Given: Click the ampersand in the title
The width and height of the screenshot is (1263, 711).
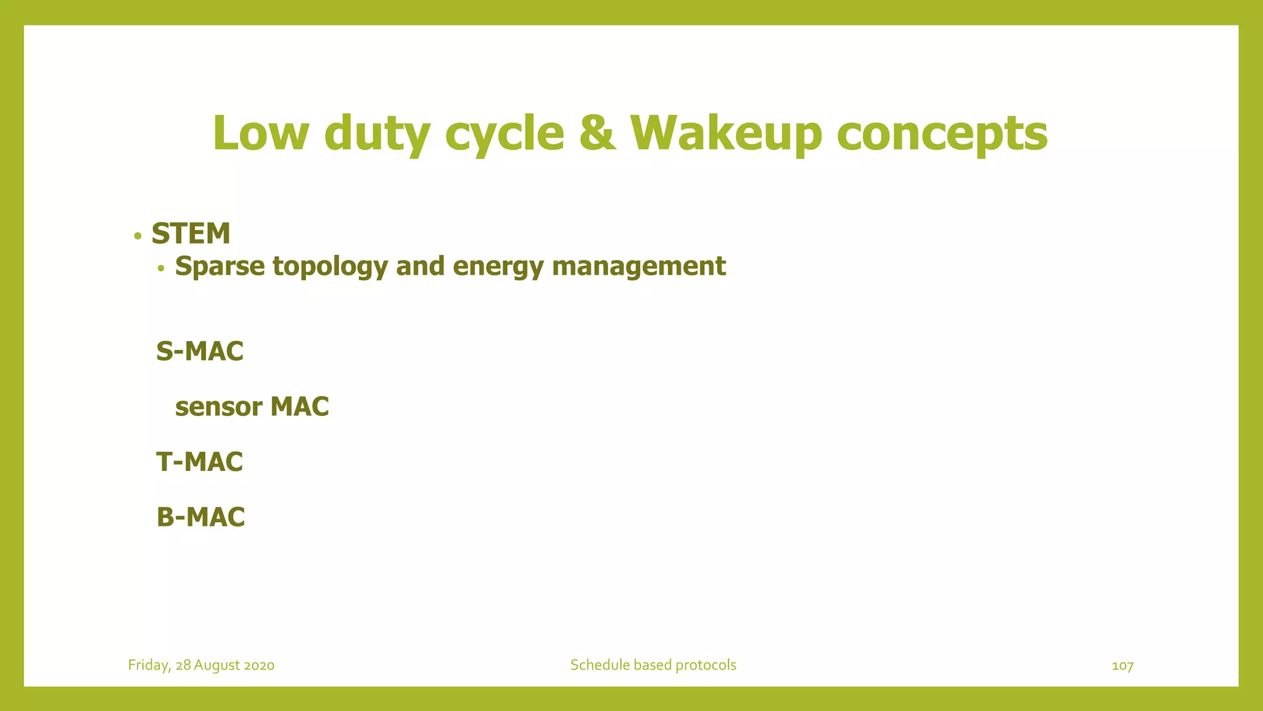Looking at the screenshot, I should (x=597, y=133).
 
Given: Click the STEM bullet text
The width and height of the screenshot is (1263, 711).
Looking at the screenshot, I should (x=191, y=234).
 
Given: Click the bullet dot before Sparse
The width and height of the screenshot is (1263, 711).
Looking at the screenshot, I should (x=161, y=268).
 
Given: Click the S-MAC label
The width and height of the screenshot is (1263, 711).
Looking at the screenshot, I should (x=200, y=352).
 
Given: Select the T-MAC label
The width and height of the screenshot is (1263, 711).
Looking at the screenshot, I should (x=200, y=462).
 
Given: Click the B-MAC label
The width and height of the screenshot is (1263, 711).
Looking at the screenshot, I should (x=201, y=517).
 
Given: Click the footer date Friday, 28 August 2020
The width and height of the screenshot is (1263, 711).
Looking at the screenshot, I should (x=201, y=665).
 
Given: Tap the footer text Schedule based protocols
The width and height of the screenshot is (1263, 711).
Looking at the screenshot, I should (x=653, y=665).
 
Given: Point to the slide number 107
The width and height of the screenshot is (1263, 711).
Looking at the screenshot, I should (x=1122, y=666).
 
